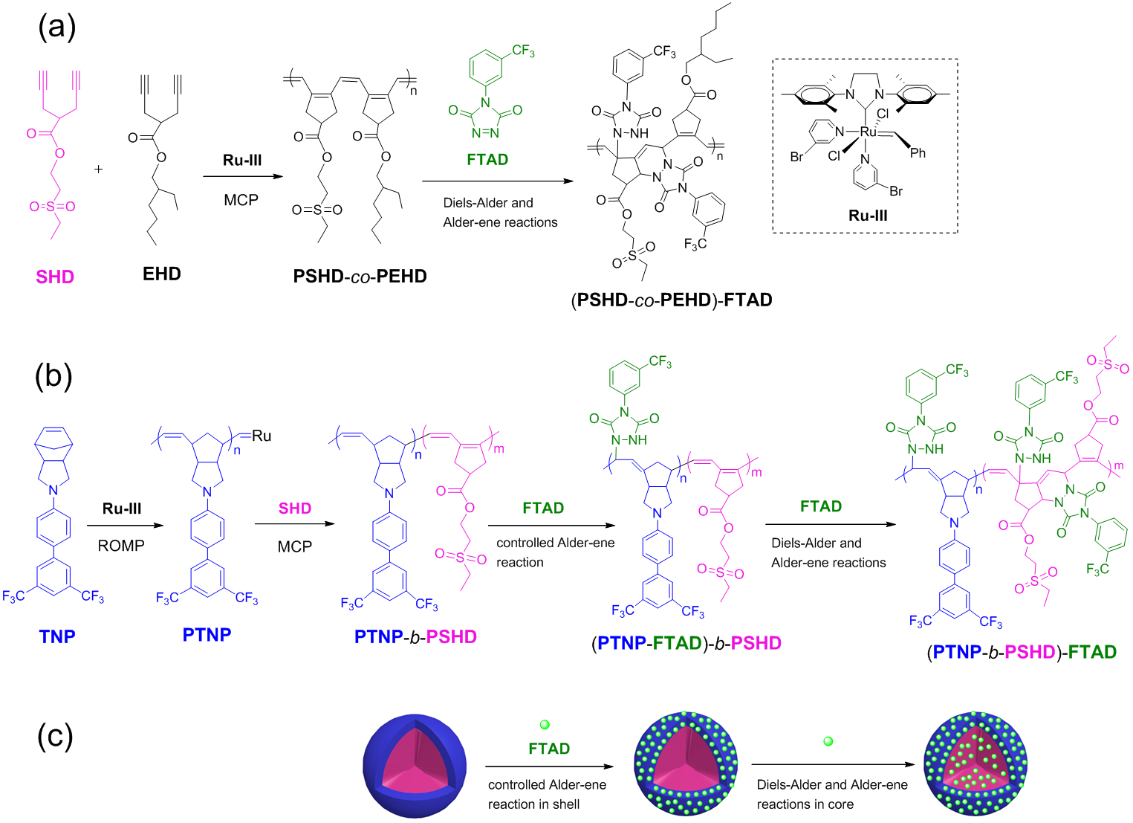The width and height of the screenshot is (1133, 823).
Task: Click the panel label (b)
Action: coord(53,376)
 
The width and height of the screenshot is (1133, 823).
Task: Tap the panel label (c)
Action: coord(55,737)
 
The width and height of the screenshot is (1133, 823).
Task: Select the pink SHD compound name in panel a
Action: coord(55,277)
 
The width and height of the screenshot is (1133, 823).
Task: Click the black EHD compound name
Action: coord(161,274)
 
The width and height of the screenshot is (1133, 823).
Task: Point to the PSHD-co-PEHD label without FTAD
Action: coord(360,277)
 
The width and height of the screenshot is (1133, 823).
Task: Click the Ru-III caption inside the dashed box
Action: coord(868,215)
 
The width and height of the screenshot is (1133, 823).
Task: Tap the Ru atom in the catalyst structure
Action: coord(869,132)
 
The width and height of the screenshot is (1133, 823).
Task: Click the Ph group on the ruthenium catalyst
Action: coord(918,152)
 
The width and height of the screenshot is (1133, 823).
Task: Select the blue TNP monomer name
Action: coord(57,636)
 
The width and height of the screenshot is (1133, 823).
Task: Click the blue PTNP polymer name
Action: coord(207,634)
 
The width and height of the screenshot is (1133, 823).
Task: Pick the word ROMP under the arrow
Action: coord(121,546)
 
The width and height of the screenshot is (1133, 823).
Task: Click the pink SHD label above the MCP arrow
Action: coord(295,509)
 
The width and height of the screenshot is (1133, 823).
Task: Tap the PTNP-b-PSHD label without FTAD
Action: coord(415,636)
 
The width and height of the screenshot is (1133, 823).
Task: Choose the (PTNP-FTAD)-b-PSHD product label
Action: coord(686,643)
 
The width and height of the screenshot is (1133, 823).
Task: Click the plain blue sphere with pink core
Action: coord(415,766)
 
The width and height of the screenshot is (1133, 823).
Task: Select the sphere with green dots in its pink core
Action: coord(975,764)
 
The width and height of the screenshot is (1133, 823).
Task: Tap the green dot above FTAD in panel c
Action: coord(545,725)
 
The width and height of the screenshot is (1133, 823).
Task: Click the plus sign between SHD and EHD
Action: coord(99,169)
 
